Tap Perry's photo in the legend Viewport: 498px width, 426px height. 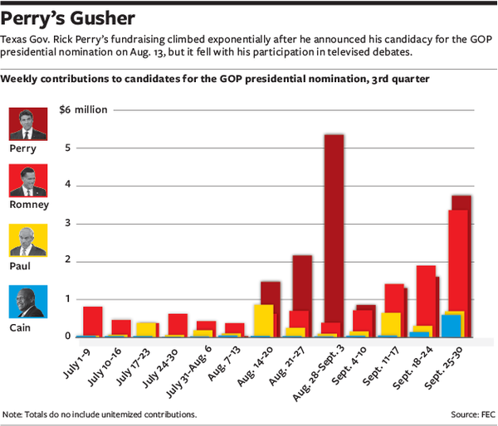(28, 124)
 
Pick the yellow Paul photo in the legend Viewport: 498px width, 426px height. (28, 241)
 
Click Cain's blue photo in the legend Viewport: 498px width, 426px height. (28, 302)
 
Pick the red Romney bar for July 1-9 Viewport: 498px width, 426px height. (93, 322)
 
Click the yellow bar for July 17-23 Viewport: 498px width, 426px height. (146, 329)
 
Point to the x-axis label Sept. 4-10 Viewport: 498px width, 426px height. (351, 365)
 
